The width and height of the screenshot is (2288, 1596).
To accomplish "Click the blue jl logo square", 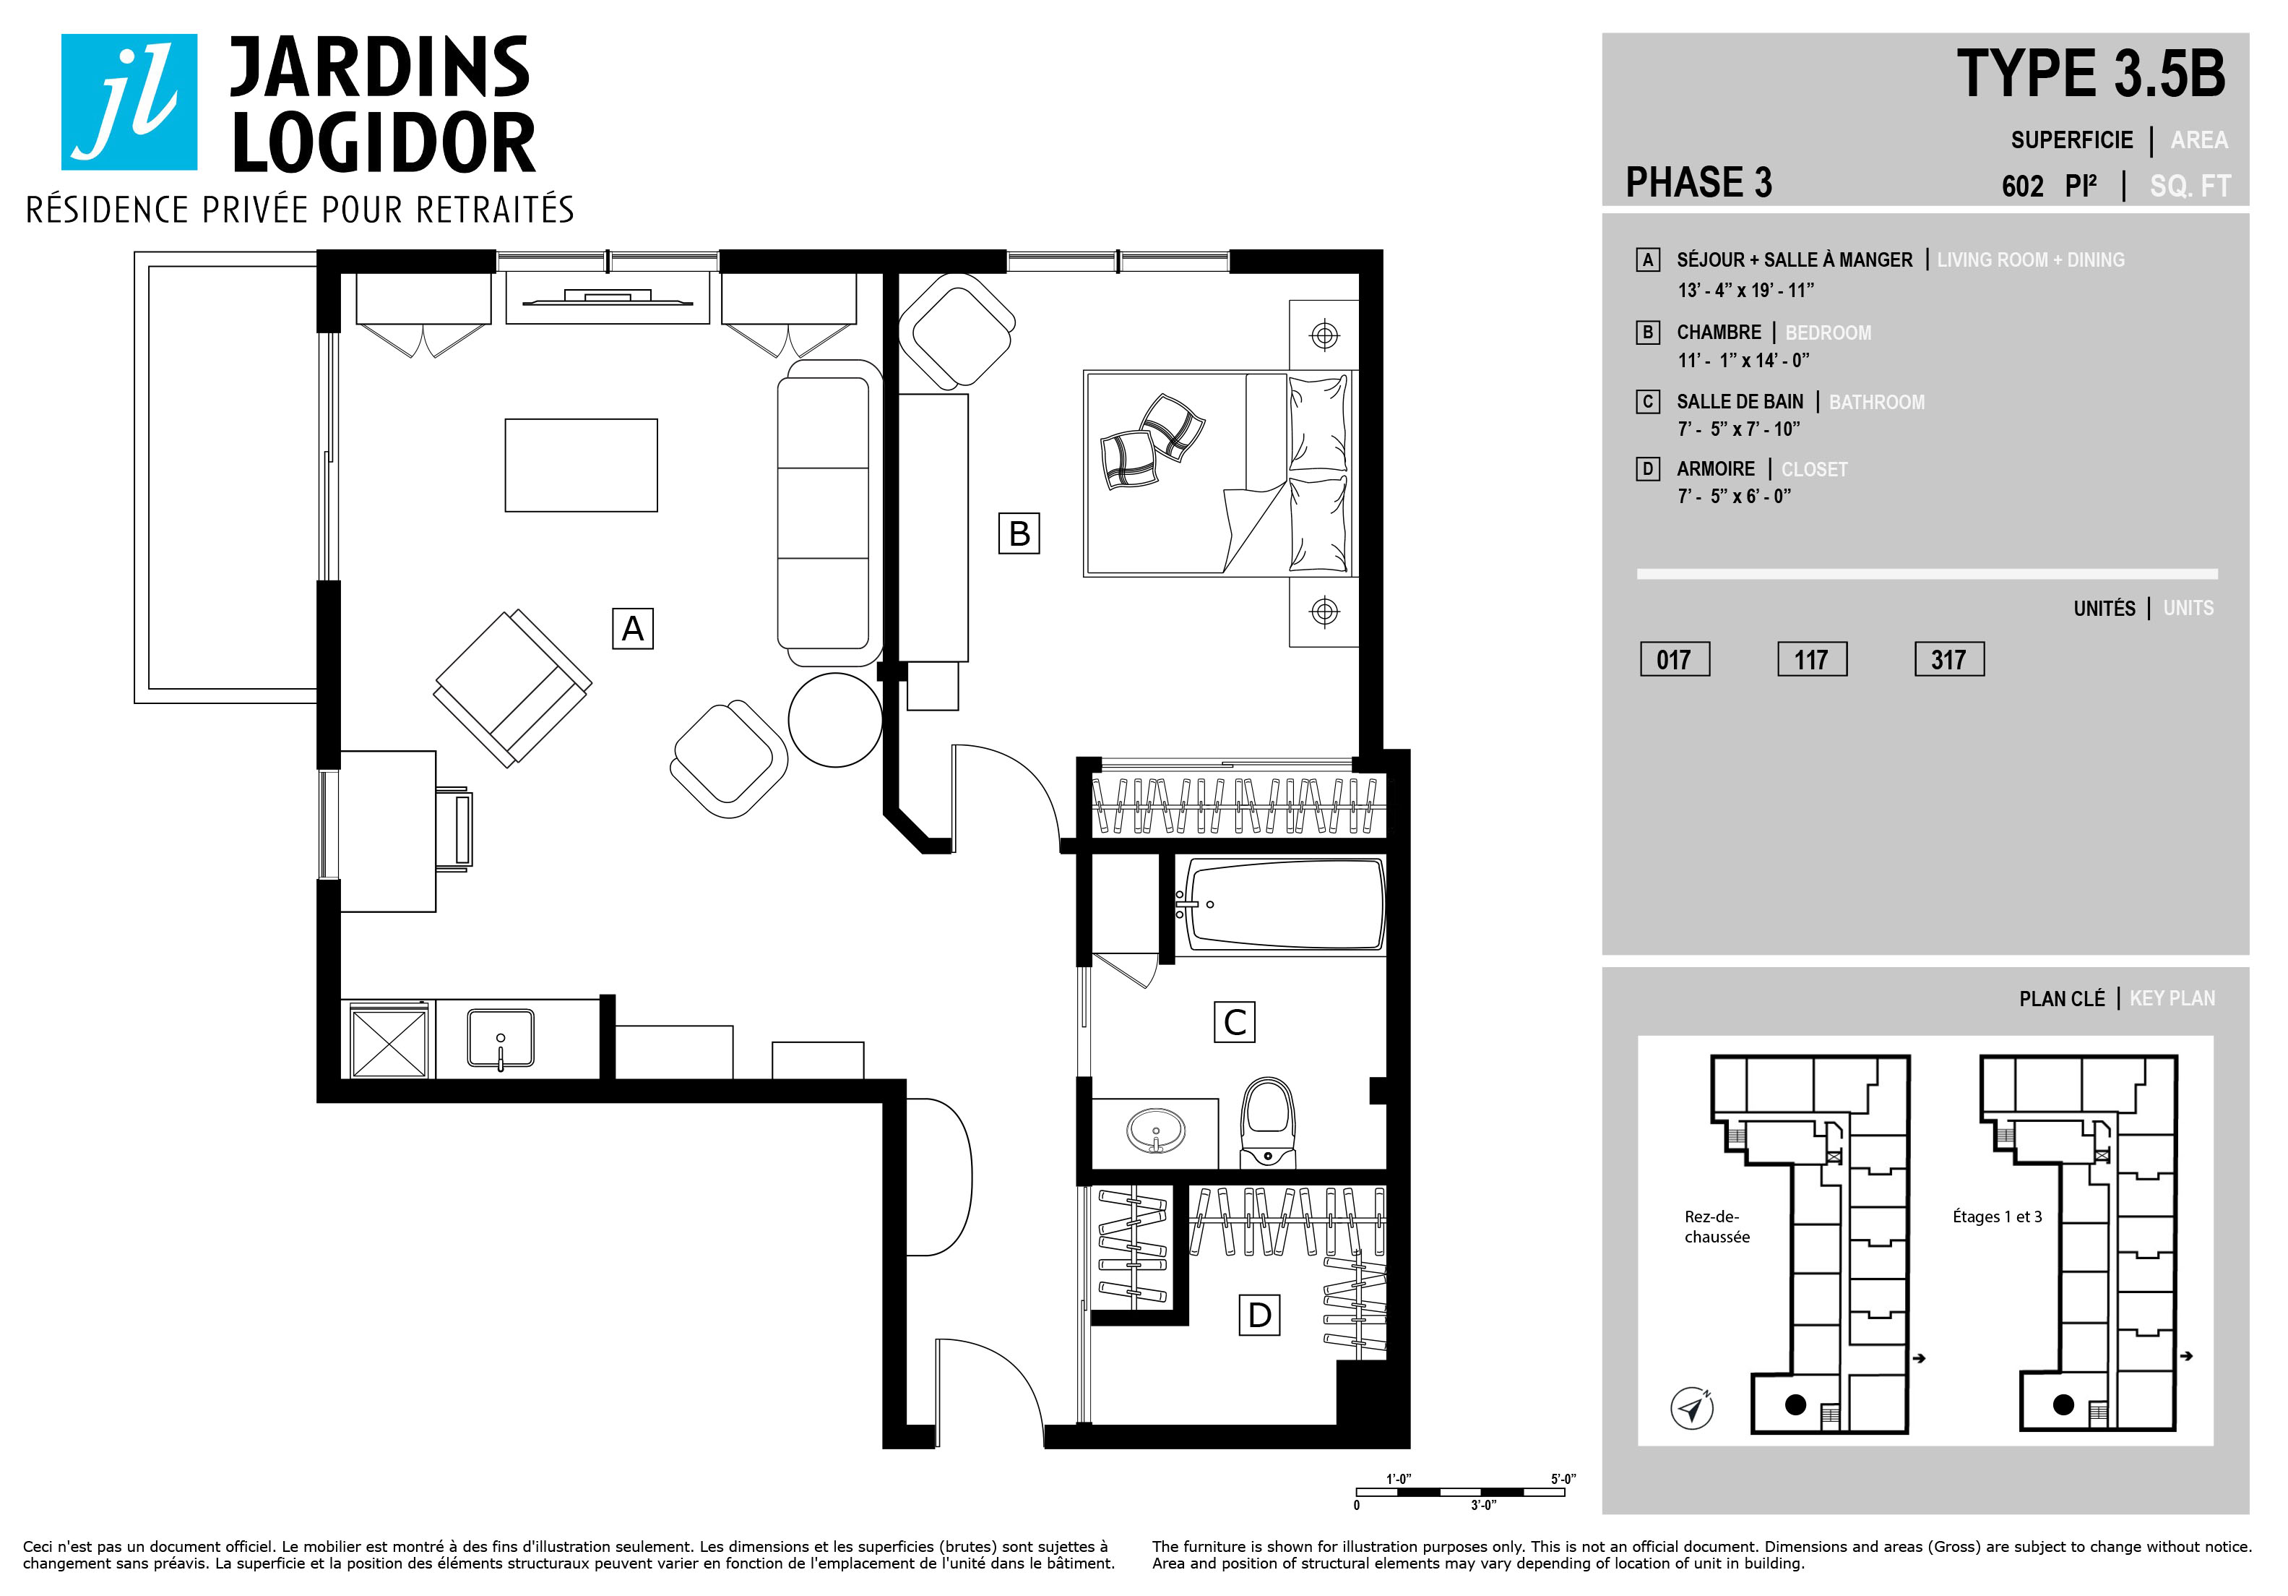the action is tap(129, 102).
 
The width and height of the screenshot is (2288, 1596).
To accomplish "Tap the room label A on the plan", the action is tap(633, 629).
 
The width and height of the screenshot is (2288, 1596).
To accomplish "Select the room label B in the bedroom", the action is tap(1019, 533).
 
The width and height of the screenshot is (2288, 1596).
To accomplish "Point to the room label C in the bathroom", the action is tap(1235, 1022).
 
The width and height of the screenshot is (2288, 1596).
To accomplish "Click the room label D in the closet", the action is tap(1260, 1315).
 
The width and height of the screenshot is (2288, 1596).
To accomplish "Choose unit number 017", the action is tap(1675, 659).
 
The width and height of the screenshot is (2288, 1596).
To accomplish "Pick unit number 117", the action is tap(1813, 659).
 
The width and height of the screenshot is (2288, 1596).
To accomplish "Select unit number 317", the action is tap(1950, 659).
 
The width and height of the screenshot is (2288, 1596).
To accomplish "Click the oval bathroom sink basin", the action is tap(1156, 1131).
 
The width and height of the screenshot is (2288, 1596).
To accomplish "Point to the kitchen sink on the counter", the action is tap(500, 1039).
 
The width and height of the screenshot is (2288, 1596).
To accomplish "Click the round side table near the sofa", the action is tap(835, 720).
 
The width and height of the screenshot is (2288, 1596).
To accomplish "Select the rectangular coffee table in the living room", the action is tap(581, 465).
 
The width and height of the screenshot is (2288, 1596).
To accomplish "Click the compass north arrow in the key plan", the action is tap(1692, 1409).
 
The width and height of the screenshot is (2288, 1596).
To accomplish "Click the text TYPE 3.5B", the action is tap(2091, 74).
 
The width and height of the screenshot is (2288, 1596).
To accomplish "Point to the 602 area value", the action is tap(2023, 186).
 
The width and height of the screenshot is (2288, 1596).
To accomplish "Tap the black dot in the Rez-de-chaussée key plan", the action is tap(1796, 1404).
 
